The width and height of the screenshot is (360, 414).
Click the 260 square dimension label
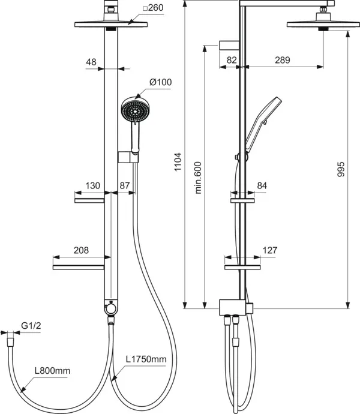pyautogui.click(x=153, y=8)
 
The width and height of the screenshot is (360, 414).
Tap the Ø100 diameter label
pyautogui.click(x=161, y=82)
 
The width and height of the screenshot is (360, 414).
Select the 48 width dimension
pyautogui.click(x=91, y=62)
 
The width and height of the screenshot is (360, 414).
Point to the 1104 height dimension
pyautogui.click(x=178, y=161)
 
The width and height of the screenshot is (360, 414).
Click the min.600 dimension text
pyautogui.click(x=198, y=178)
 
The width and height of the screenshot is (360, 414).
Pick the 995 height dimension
pyautogui.click(x=341, y=169)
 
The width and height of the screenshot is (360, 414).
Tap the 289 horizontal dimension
pyautogui.click(x=283, y=60)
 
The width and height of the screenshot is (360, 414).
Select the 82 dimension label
pyautogui.click(x=232, y=60)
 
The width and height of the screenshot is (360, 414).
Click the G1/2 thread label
pyautogui.click(x=31, y=326)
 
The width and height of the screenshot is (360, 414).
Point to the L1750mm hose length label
pyautogui.click(x=146, y=359)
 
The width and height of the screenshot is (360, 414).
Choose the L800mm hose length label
pyautogui.click(x=53, y=371)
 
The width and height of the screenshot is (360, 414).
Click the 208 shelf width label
pyautogui.click(x=81, y=250)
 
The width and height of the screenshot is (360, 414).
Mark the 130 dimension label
pyautogui.click(x=92, y=185)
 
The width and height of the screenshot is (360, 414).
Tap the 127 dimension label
pyautogui.click(x=270, y=250)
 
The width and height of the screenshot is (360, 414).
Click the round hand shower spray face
pyautogui.click(x=135, y=111)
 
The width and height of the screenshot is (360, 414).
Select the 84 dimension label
pyautogui.click(x=262, y=185)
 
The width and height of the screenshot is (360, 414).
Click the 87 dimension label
pyautogui.click(x=125, y=185)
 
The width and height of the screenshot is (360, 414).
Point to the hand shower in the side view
pyautogui.click(x=260, y=126)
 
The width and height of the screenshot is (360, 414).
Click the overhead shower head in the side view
pyautogui.click(x=323, y=24)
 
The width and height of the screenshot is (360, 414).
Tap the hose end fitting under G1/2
pyautogui.click(x=10, y=341)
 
